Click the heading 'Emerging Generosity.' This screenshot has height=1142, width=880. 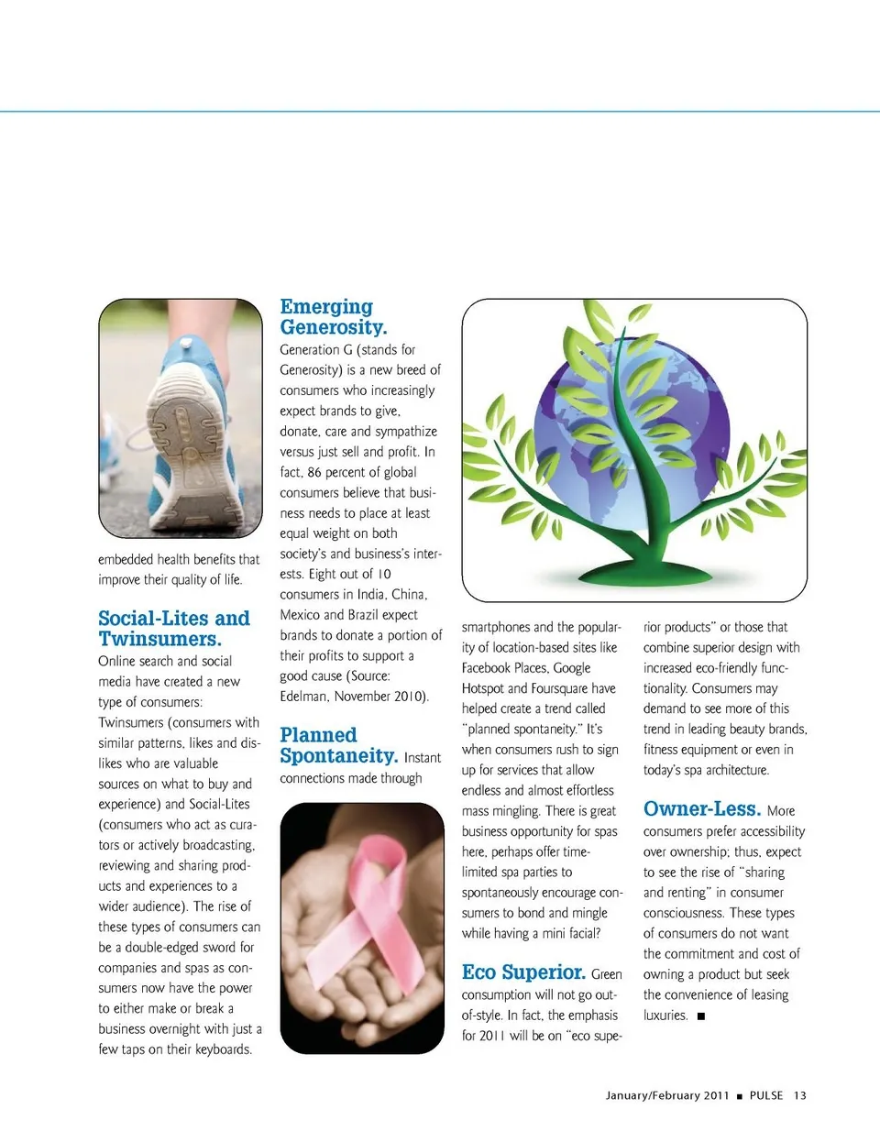pyautogui.click(x=334, y=317)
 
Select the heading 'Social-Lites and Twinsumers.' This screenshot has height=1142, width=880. pyautogui.click(x=174, y=629)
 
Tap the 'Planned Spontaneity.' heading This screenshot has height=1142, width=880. pyautogui.click(x=338, y=745)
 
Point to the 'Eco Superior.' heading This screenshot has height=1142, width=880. pyautogui.click(x=523, y=972)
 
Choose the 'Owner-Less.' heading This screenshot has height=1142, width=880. pyautogui.click(x=702, y=809)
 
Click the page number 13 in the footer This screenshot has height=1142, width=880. pyautogui.click(x=800, y=1095)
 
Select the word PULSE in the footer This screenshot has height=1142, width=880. pyautogui.click(x=766, y=1095)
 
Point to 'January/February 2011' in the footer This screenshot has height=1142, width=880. pyautogui.click(x=667, y=1095)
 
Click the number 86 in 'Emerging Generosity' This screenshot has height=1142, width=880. pyautogui.click(x=314, y=472)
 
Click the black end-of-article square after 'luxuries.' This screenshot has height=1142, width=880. pyautogui.click(x=701, y=1016)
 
